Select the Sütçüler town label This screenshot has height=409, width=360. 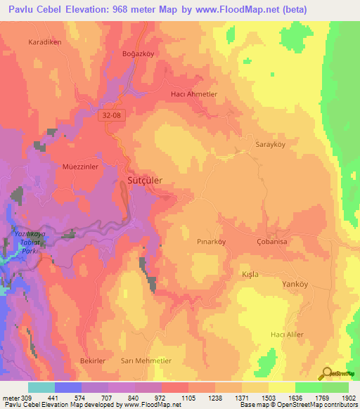[145, 181]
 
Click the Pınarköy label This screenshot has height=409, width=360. [211, 241]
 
